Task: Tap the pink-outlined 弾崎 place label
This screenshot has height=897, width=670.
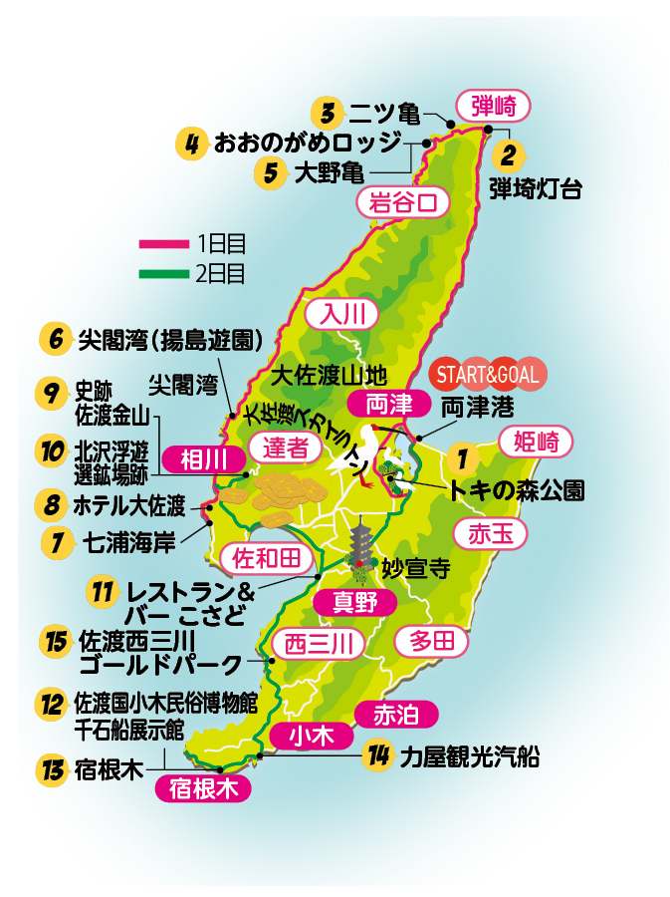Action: click(x=494, y=104)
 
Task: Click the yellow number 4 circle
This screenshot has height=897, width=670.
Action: click(x=190, y=143)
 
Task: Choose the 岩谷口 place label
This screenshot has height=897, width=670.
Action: click(x=402, y=202)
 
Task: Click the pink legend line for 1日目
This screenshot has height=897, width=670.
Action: click(x=163, y=242)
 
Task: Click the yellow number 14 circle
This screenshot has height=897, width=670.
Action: click(x=376, y=756)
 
